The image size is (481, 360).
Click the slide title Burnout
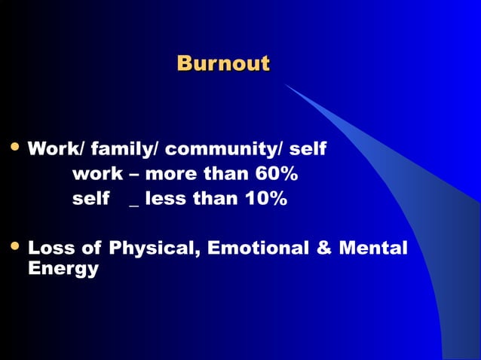tap(222, 63)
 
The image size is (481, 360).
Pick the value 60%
tap(276, 175)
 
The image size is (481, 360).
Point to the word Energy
tap(63, 269)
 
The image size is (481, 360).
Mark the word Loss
tap(50, 248)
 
